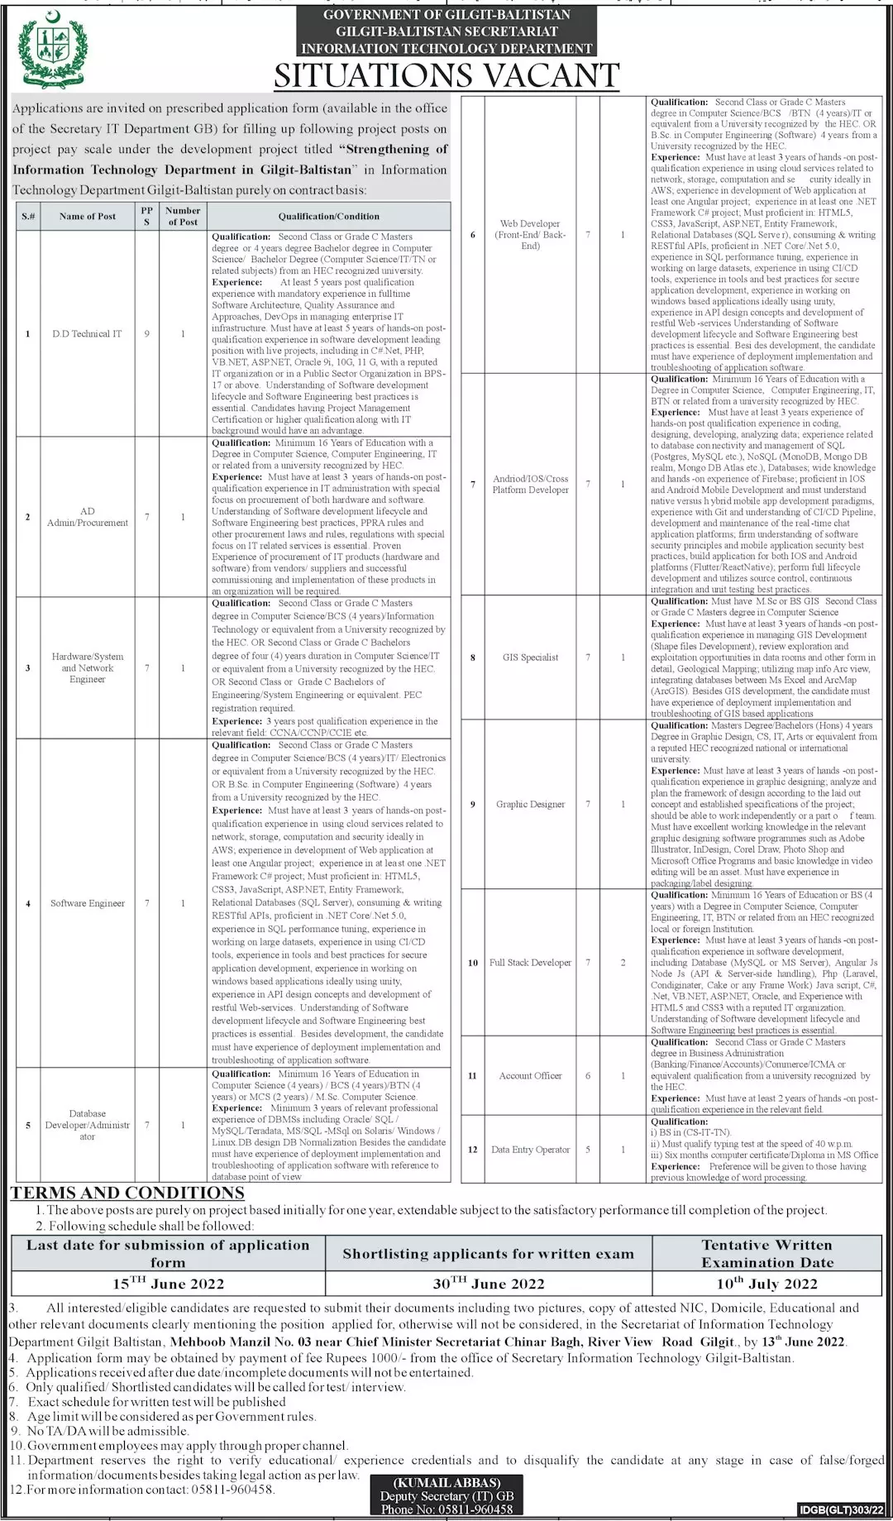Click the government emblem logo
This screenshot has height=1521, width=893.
[x=51, y=48]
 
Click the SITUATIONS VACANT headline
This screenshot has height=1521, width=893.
[x=446, y=76]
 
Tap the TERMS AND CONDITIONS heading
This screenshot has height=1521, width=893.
[x=127, y=1193]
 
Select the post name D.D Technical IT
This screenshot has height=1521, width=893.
[x=87, y=334]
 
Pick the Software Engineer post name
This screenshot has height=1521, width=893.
[x=88, y=903]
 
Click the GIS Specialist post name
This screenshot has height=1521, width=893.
[x=531, y=658]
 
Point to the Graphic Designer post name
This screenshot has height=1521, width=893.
[x=531, y=804]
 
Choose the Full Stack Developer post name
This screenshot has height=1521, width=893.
[x=531, y=963]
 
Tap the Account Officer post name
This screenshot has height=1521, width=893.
[x=531, y=1076]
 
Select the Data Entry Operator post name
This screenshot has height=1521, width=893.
[x=531, y=1150]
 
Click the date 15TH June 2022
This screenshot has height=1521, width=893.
[x=168, y=1284]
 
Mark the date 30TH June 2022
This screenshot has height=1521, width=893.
[x=488, y=1284]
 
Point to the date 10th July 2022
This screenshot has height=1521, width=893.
[x=767, y=1284]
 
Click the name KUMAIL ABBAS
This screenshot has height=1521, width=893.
[x=447, y=1482]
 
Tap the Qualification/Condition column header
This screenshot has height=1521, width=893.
[x=329, y=217]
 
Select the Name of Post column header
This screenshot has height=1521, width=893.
[x=88, y=217]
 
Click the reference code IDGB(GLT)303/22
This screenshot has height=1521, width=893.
[x=842, y=1510]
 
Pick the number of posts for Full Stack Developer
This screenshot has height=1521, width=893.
[x=623, y=963]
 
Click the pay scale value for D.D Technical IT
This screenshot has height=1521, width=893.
[x=147, y=334]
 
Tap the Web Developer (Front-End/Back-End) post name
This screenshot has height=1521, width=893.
[x=531, y=235]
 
